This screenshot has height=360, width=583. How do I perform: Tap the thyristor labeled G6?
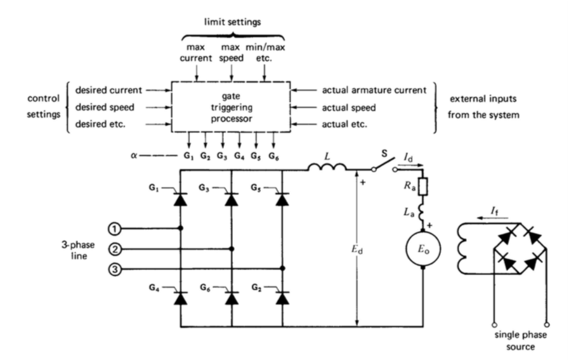tap(232, 297)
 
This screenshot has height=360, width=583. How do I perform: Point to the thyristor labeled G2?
tap(283, 297)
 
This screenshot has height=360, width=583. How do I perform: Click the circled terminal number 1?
tap(113, 227)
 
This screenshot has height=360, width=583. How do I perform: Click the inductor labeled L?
tap(327, 168)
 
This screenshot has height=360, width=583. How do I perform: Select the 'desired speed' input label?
tap(103, 108)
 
